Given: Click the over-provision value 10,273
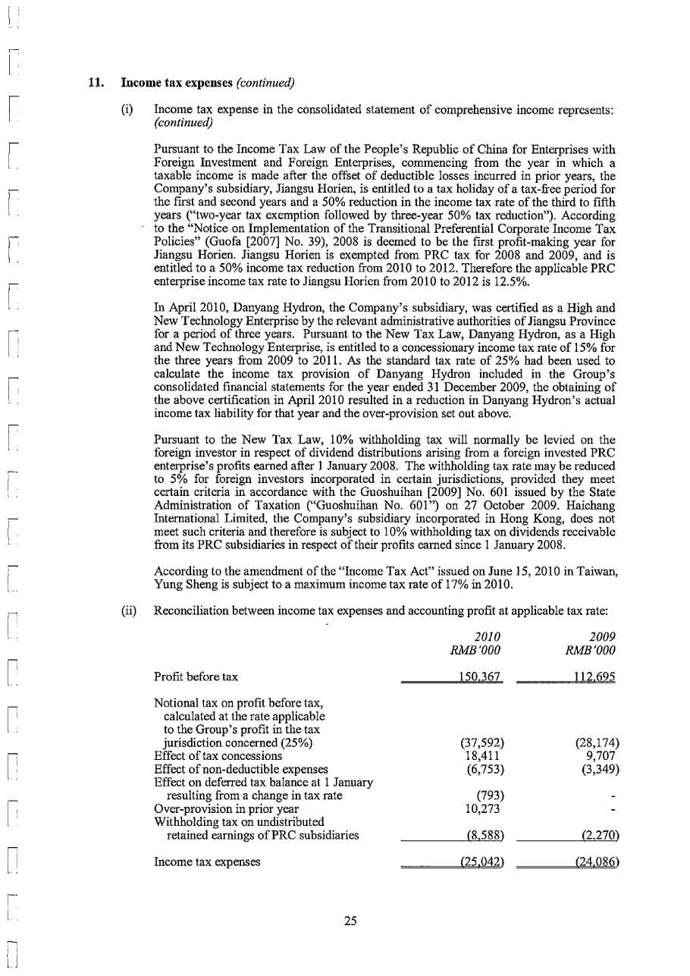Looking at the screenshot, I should [x=482, y=809].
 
